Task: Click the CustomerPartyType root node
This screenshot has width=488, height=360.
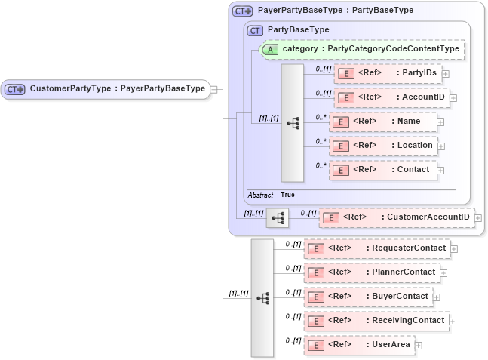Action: pos(105,89)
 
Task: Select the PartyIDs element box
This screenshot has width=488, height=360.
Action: pos(387,73)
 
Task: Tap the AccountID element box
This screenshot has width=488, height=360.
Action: pos(391,97)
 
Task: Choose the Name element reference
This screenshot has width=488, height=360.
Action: pos(382,122)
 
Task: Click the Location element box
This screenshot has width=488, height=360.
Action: pos(382,146)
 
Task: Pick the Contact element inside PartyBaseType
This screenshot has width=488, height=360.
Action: pos(382,170)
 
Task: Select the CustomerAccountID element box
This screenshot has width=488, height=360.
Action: pos(397,218)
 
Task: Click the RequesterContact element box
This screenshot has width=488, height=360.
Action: pos(376,248)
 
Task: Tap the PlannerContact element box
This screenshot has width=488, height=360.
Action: pos(370,272)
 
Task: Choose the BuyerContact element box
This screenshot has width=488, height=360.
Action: pos(367,297)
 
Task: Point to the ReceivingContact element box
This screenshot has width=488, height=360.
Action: pos(376,321)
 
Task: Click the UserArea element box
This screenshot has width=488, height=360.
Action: pos(358,345)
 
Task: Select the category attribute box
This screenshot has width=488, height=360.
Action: pos(361,49)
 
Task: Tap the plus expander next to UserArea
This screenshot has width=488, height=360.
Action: pos(419,346)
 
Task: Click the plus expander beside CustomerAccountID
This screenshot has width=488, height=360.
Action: pos(478,218)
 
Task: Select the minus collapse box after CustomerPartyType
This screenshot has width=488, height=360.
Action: pos(215,89)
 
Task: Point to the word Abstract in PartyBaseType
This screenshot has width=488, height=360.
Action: pos(260,195)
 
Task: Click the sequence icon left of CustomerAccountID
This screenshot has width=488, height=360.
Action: pos(277,218)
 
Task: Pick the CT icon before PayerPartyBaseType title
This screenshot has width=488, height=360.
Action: pos(242,11)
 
